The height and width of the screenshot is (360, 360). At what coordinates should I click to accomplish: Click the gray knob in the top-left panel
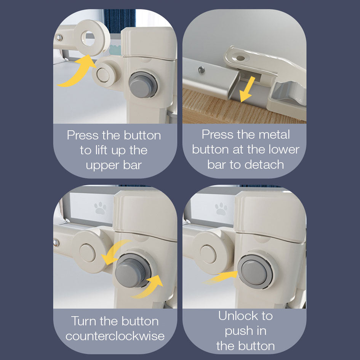143,85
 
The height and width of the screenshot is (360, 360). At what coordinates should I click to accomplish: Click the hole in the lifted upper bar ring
88,38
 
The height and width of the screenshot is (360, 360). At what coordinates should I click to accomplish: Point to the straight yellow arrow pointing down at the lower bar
247,89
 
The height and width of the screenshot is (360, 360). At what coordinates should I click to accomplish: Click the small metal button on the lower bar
202,70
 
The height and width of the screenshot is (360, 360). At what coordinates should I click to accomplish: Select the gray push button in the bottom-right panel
255,272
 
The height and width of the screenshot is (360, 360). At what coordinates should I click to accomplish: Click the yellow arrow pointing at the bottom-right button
221,277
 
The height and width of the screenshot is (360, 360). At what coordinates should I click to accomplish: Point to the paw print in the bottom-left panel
100,208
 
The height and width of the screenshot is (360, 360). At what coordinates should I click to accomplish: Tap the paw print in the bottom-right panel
221,209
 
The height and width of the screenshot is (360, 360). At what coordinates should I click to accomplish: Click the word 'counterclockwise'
115,336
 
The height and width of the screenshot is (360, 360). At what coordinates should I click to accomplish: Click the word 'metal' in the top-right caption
274,134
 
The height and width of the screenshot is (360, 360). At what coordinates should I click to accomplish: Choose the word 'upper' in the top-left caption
102,166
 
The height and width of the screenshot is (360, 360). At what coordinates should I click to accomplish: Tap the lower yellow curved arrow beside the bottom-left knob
148,287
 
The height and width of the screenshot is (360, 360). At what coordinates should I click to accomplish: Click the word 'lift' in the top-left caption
101,150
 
